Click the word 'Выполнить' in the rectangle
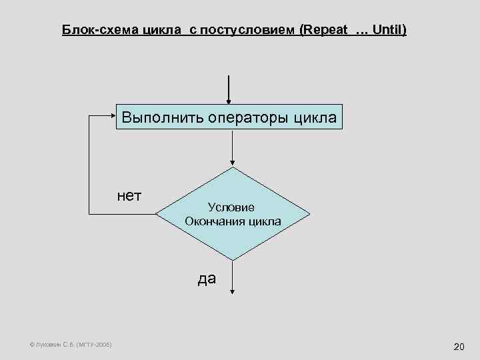pyautogui.click(x=162, y=118)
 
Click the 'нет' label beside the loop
pyautogui.click(x=129, y=195)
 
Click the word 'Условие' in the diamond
pyautogui.click(x=231, y=208)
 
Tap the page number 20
pyautogui.click(x=458, y=347)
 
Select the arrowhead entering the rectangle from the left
pyautogui.click(x=113, y=115)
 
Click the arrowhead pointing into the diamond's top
pyautogui.click(x=232, y=162)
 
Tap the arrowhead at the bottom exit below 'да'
pyautogui.click(x=232, y=291)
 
